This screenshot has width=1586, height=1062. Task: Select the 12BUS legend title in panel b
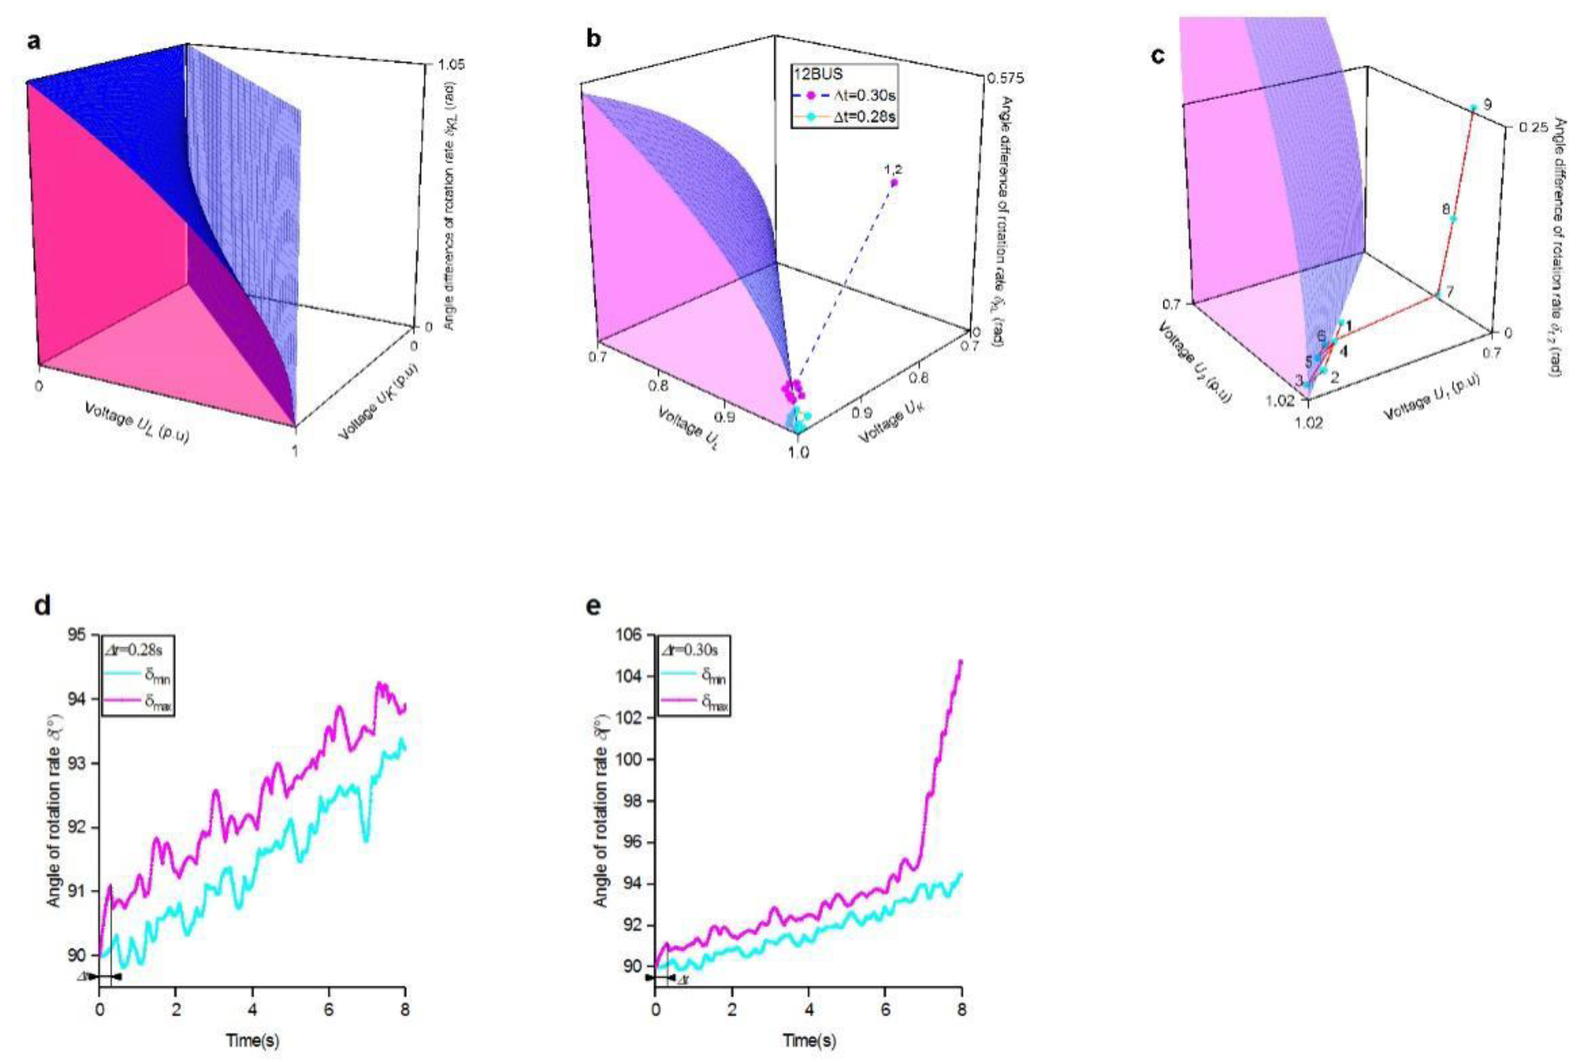[x=818, y=74]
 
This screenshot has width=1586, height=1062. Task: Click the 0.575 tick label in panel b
[x=1005, y=79]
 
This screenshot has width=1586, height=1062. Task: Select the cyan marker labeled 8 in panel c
[x=1453, y=219]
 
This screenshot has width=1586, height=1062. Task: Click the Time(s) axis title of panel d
[x=252, y=1040]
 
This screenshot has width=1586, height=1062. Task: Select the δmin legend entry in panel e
[x=695, y=677]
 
